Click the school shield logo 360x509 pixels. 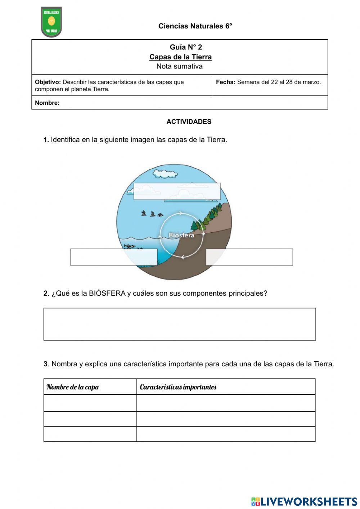pos(51,22)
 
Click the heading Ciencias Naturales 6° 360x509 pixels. pos(195,26)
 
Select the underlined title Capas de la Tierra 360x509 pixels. pos(180,57)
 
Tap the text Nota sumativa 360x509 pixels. pos(179,66)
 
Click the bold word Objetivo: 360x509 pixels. pos(48,82)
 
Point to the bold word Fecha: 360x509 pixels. pos(225,82)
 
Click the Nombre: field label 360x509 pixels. pos(47,103)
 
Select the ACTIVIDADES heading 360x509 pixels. pos(189,122)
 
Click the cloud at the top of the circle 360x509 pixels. pos(165,173)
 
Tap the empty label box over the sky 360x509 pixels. pos(177,191)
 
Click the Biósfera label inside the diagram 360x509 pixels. pos(181,235)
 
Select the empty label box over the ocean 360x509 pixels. pos(114,257)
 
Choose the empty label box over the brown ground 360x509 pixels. pos(249,257)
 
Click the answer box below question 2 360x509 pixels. pos(179,324)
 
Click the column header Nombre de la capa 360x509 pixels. pos(73,387)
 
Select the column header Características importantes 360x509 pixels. pos(178,387)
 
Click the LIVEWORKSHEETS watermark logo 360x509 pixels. pos(304,501)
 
